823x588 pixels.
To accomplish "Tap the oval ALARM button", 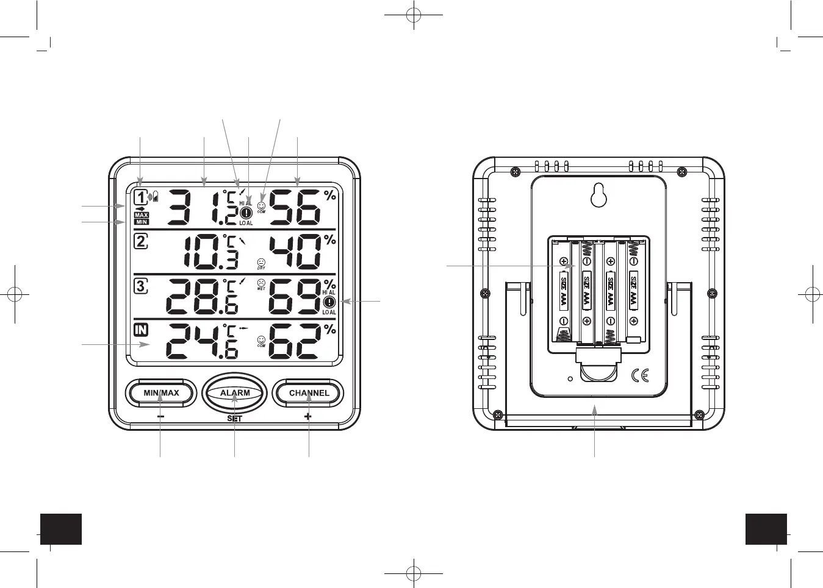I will [x=235, y=393].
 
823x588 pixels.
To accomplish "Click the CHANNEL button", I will [x=309, y=393].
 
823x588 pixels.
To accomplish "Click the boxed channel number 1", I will [x=141, y=197].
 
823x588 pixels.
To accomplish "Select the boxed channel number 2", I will [x=141, y=241].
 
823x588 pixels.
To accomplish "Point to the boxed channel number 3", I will [x=141, y=285].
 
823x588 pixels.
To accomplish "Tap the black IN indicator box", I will [x=141, y=330].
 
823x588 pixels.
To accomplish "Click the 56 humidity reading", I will [x=295, y=208].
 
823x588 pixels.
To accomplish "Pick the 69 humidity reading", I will [x=295, y=297].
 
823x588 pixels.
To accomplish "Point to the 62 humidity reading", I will [x=295, y=341].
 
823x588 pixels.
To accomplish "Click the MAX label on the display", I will [x=142, y=215].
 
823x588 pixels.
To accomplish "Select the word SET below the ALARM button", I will [x=234, y=419].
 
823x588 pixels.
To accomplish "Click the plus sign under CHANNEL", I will [x=308, y=417].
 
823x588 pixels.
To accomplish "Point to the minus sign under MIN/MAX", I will [x=160, y=417].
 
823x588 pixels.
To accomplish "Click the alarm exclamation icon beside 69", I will [x=329, y=302].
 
